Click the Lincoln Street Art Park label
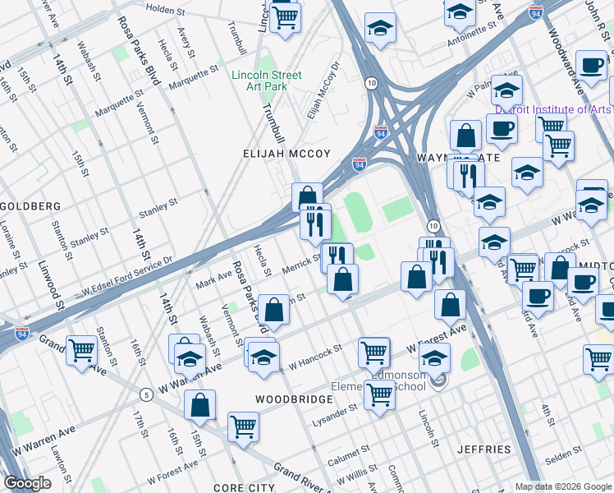(x=266, y=81)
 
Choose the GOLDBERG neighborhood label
(x=30, y=205)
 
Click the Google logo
(x=27, y=483)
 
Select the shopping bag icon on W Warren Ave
(x=199, y=404)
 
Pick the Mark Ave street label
(x=214, y=280)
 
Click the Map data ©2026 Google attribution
(x=562, y=486)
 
